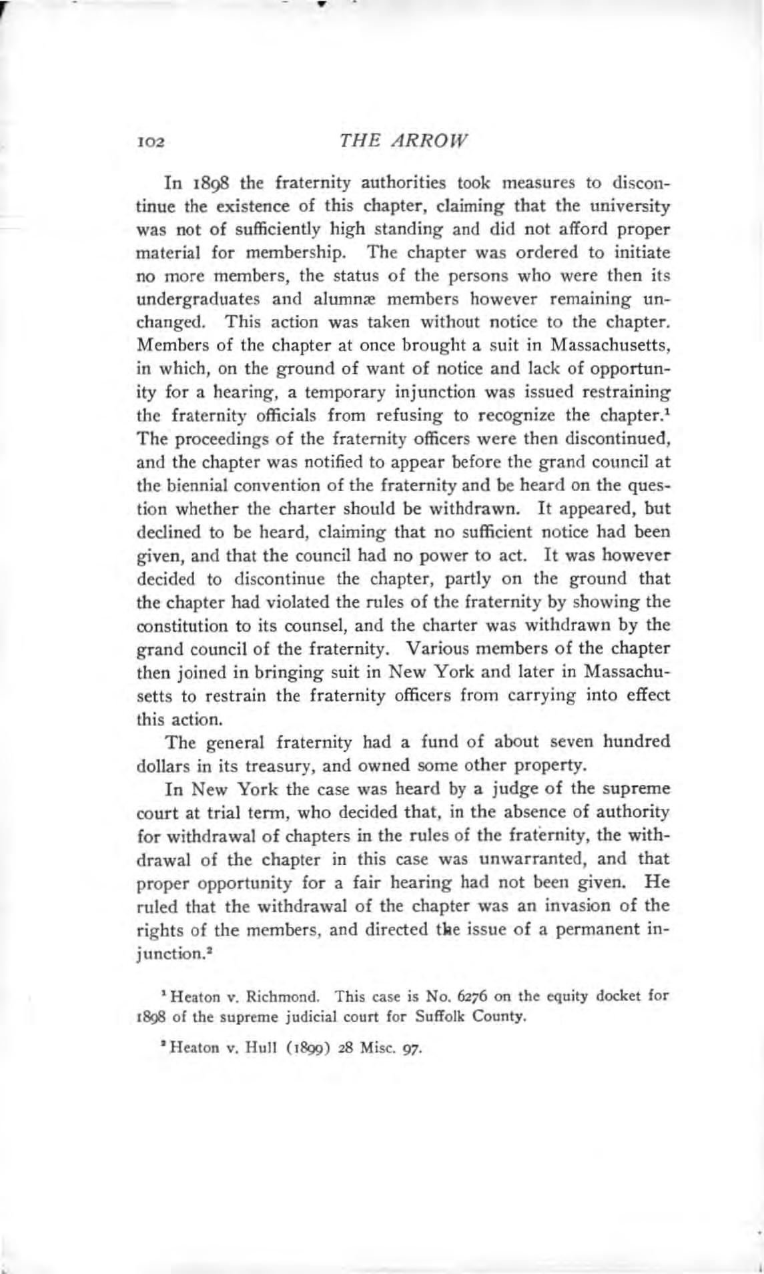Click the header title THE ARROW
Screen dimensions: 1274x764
tap(404, 141)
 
